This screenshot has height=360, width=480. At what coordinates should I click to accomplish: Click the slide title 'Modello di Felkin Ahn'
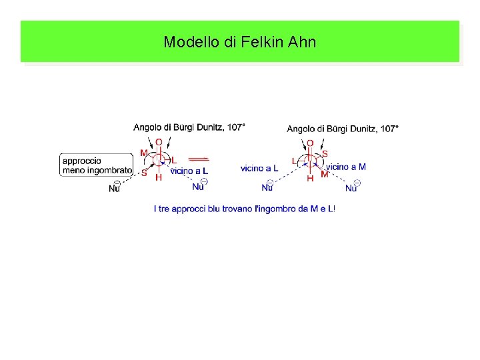[240, 42]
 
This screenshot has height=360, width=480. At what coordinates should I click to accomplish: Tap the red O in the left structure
[159, 142]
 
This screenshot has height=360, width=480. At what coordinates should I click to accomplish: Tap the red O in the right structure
[310, 143]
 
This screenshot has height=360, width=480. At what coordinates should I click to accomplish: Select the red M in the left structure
[144, 153]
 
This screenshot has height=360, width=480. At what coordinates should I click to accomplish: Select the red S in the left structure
[144, 172]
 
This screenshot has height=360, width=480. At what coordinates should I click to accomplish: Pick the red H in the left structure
[159, 178]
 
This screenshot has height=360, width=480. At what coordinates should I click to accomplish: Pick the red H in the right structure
[310, 179]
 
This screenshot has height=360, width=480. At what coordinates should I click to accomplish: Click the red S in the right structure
[325, 153]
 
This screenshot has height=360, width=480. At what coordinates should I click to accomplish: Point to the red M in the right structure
[325, 174]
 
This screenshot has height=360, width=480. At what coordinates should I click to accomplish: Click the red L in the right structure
[295, 161]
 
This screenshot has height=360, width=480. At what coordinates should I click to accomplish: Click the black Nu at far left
[115, 189]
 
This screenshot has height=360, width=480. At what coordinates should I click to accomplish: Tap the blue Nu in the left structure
[199, 186]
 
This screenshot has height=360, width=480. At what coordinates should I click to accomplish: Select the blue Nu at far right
[352, 188]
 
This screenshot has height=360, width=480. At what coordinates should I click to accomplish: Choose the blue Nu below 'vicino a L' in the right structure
[268, 188]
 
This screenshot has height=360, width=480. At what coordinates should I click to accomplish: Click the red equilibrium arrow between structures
[198, 159]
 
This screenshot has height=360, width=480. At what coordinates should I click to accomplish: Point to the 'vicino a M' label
[346, 167]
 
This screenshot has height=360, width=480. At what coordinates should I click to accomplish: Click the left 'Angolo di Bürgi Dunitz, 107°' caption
[189, 127]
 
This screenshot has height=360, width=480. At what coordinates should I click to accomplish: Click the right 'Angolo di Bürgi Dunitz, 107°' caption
[343, 129]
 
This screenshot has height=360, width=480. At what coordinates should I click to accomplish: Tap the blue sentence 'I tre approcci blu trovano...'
[244, 209]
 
